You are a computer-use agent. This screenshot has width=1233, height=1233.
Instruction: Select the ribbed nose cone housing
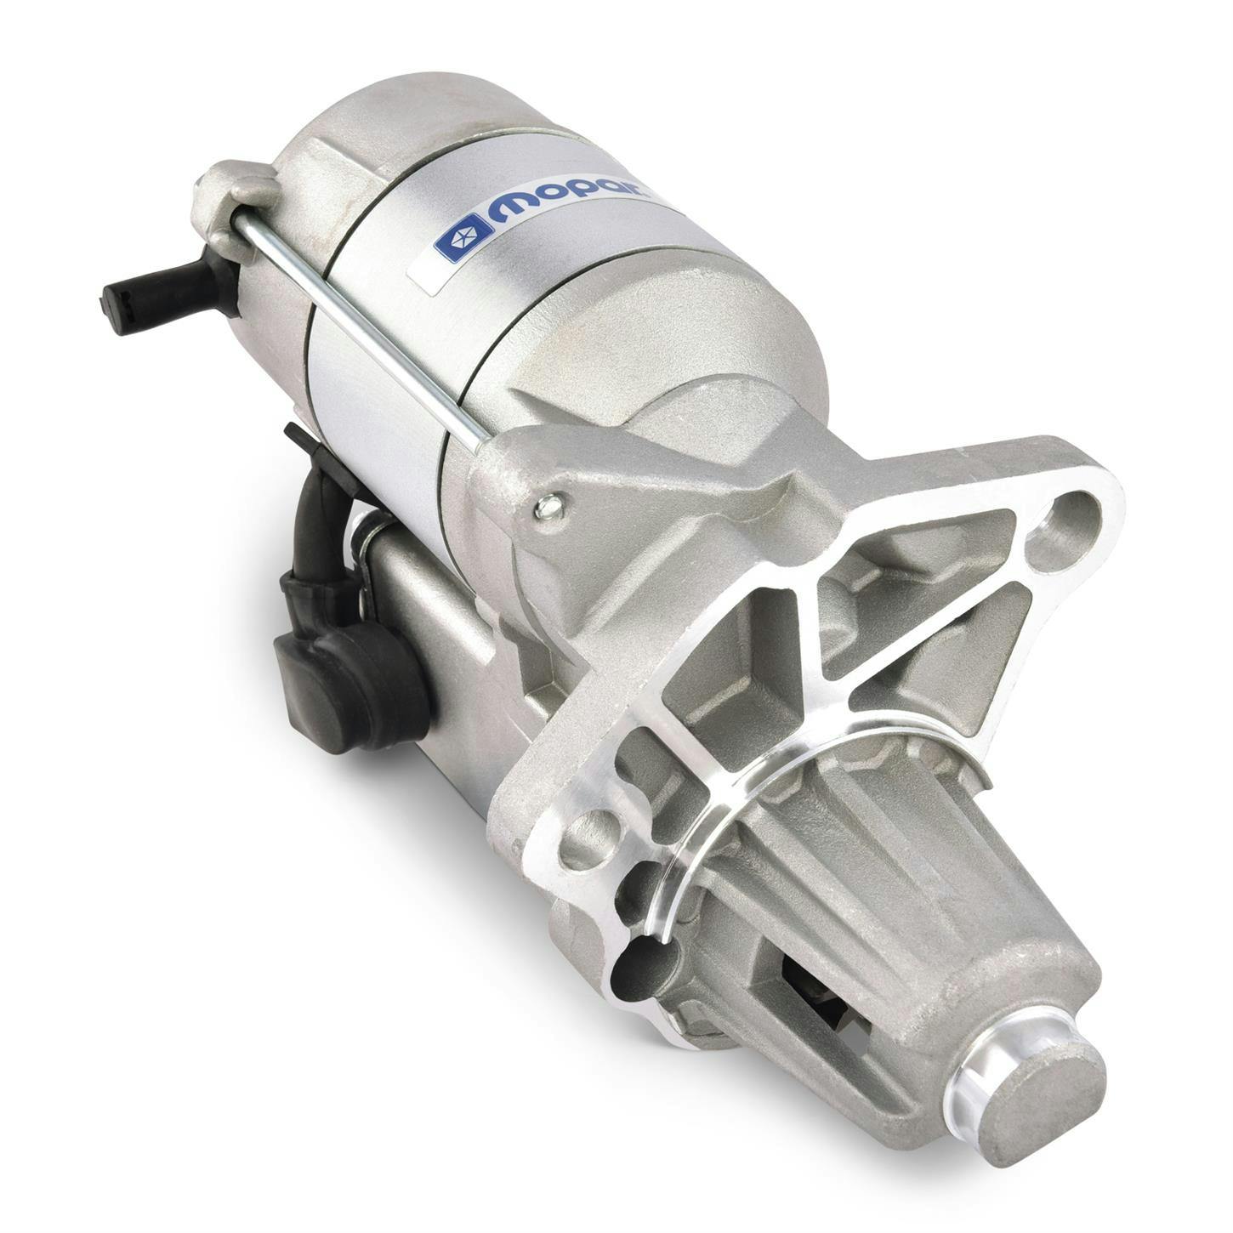pos(859,876)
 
